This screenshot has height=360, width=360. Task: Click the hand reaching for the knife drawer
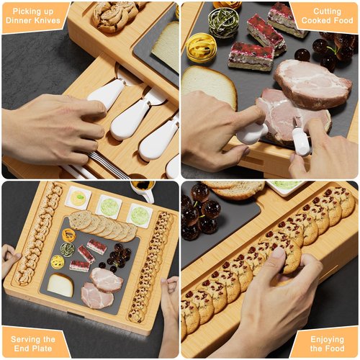click(x=50, y=130)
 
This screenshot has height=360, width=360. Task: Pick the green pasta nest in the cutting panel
click(x=222, y=22)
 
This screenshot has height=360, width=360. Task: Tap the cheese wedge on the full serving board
click(x=60, y=285)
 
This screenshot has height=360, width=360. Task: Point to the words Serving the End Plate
click(x=34, y=343)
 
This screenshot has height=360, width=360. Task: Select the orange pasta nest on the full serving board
click(x=69, y=235)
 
